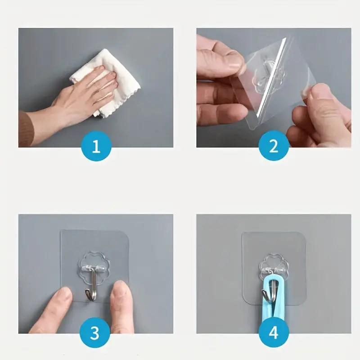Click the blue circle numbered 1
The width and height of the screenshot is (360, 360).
96,146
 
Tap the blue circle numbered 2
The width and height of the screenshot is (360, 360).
274,146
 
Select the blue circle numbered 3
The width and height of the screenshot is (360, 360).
95,333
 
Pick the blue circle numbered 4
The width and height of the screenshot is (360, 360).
273,333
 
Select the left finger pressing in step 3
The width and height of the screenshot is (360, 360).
54,310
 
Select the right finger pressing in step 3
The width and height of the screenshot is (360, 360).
121,306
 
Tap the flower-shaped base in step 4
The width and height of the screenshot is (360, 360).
272,264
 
